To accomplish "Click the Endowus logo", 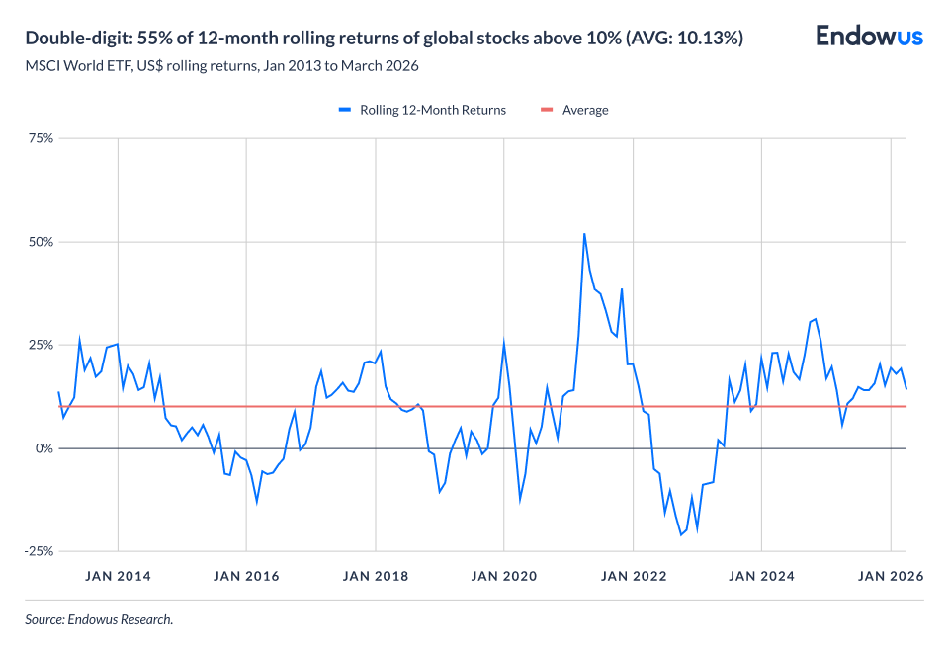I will (869, 37).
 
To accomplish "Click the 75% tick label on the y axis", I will (41, 138).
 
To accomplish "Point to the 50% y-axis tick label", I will (41, 242).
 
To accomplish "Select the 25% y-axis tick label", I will (41, 345).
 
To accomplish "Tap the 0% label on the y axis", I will (44, 448).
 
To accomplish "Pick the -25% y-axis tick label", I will (39, 551).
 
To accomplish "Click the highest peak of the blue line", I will (584, 234).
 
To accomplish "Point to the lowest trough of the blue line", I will (681, 534).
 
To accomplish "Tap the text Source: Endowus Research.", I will (99, 620).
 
